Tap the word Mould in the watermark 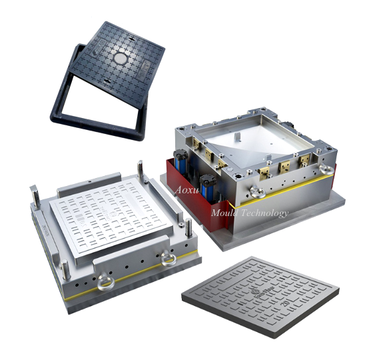point(224,213)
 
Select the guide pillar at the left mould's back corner point(139,167)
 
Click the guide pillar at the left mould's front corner point(64,271)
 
